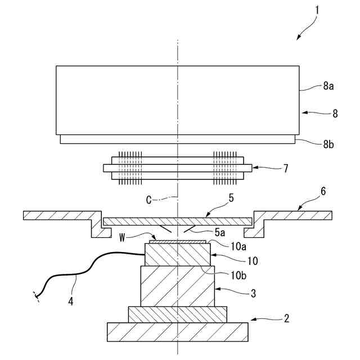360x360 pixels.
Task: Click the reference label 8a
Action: coord(328,87)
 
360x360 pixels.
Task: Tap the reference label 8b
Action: coord(328,145)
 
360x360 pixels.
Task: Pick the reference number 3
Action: coord(253,292)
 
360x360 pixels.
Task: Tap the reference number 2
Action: coord(286,318)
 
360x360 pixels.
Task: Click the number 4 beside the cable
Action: coord(70,301)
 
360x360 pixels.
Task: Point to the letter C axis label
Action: coord(149,199)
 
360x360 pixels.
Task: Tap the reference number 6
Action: coord(322,191)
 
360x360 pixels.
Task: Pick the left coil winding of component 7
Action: coord(129,168)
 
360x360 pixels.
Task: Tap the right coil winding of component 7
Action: coord(225,168)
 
